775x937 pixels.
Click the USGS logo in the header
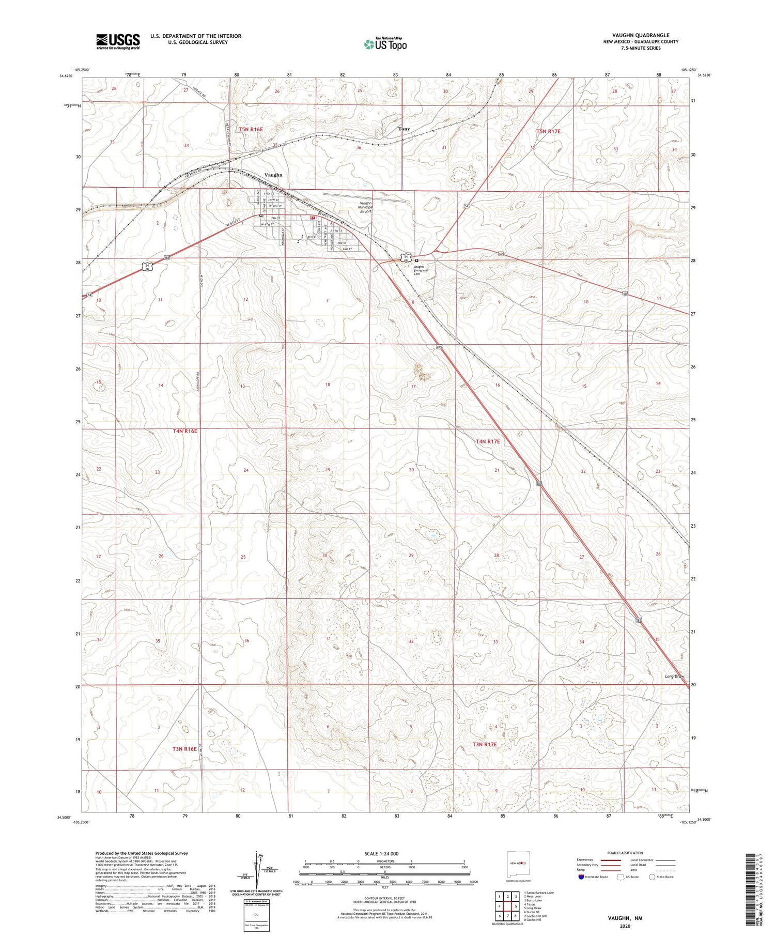coord(118,41)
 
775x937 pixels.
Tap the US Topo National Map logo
coord(385,44)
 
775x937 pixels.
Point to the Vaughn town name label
coord(273,175)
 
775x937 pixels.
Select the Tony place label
coord(404,129)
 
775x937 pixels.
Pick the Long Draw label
coord(675,677)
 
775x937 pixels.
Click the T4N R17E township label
coord(488,441)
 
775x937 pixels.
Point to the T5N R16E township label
coord(251,129)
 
